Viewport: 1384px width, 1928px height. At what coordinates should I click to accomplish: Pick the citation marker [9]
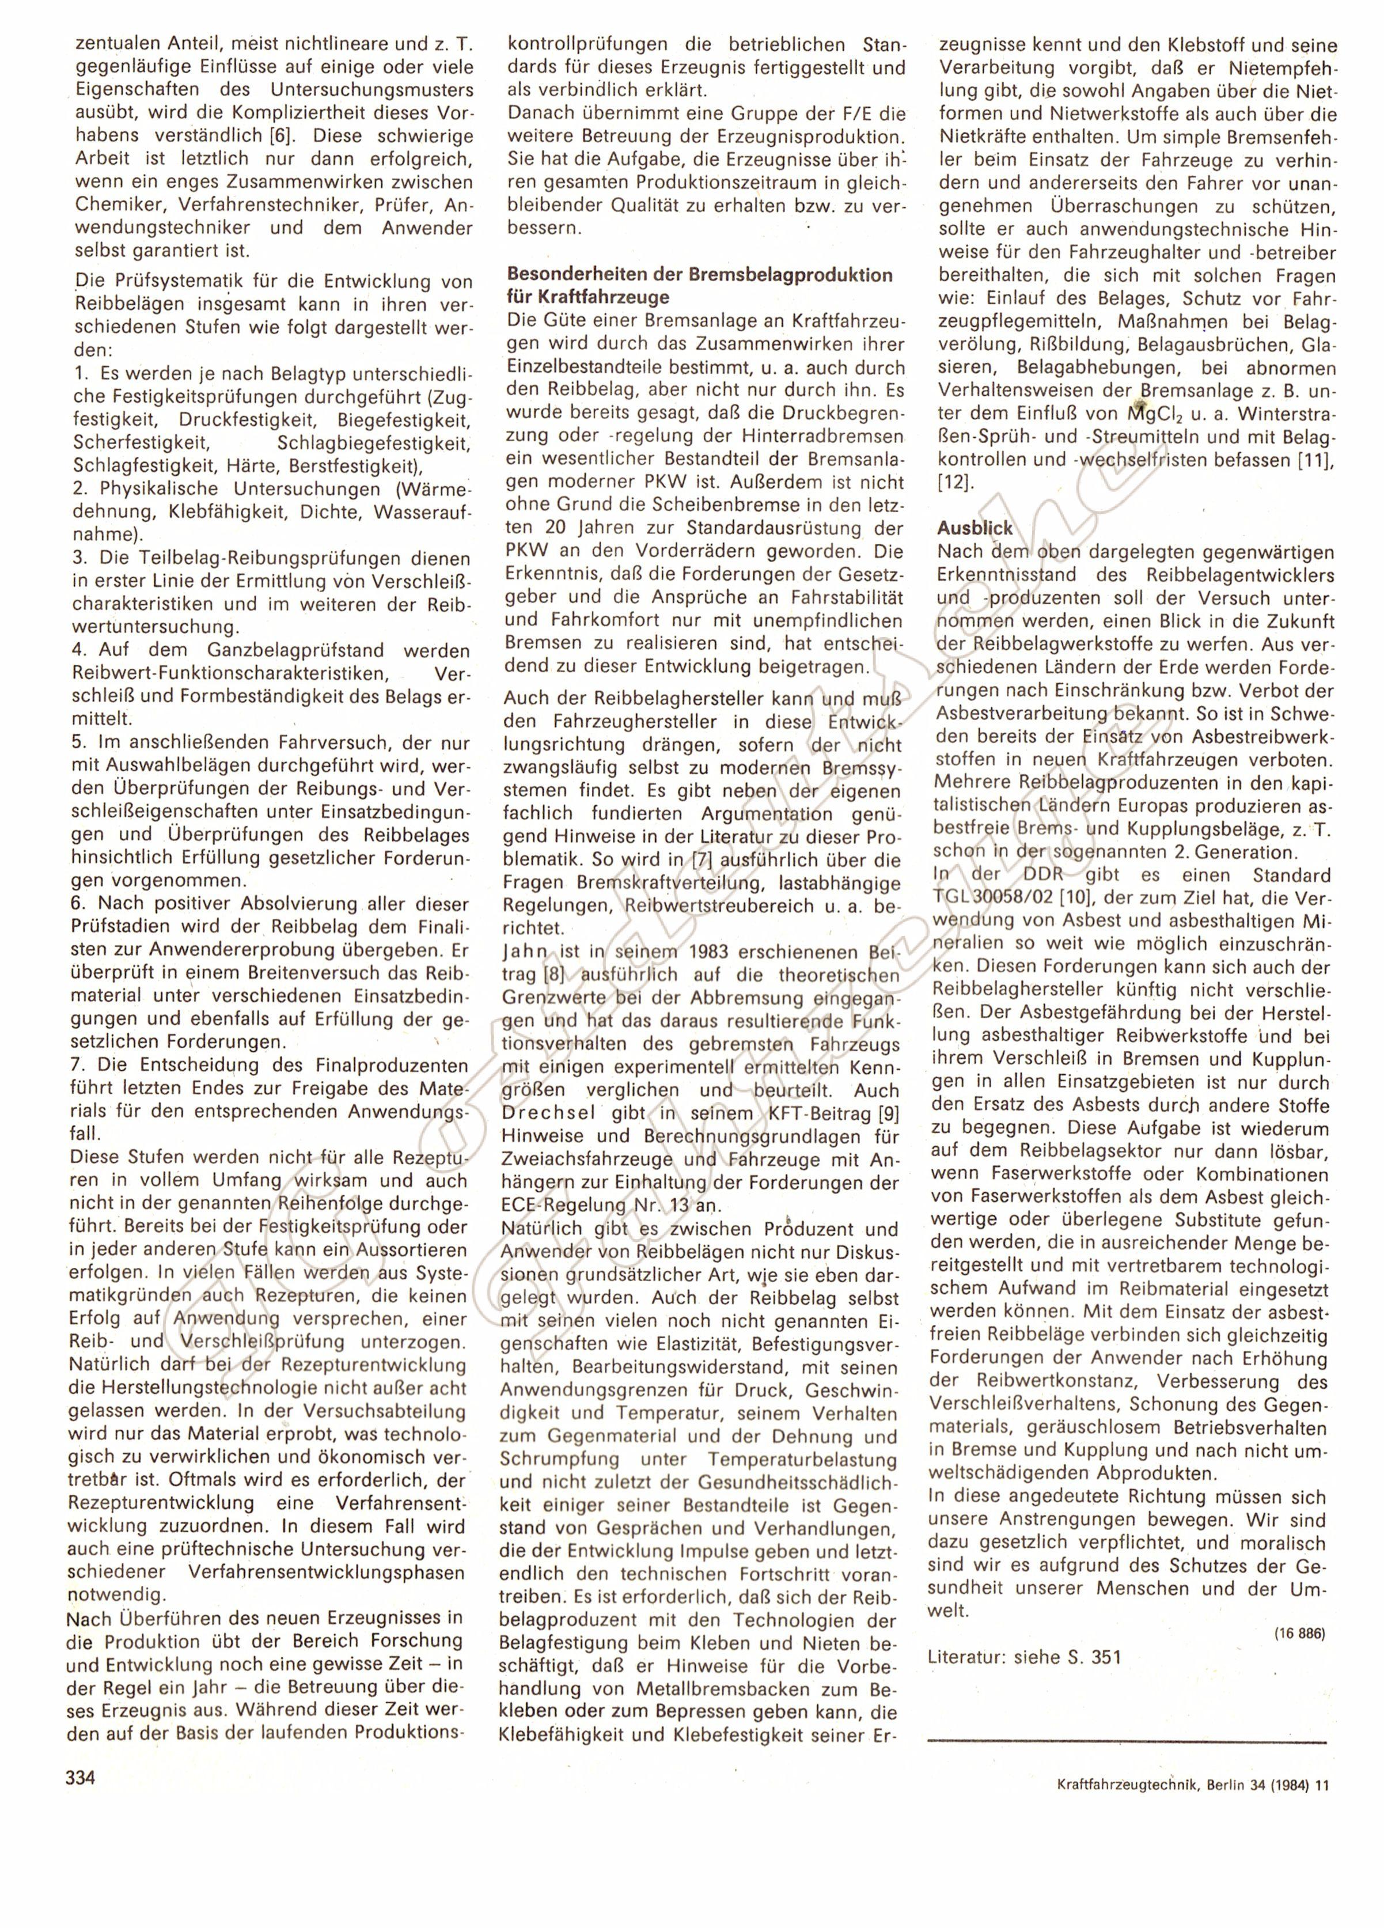[880, 1113]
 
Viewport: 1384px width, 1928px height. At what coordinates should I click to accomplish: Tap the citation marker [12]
[952, 482]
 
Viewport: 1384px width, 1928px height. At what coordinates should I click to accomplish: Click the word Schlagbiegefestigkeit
[373, 444]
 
